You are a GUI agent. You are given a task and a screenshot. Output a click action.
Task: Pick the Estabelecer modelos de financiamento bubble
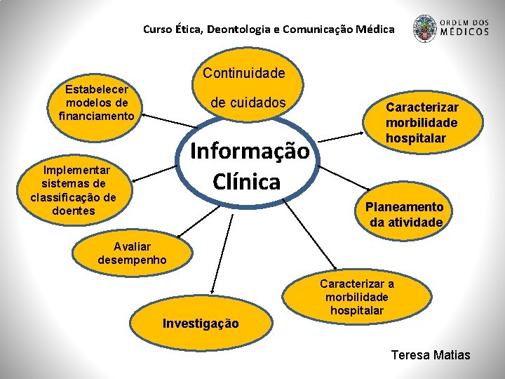click(x=97, y=102)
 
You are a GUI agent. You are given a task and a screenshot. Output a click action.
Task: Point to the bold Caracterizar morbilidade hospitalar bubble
click(x=422, y=123)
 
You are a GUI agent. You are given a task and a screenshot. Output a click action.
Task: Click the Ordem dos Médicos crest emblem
click(x=424, y=28)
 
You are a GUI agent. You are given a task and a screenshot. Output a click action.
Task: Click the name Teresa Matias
click(x=431, y=354)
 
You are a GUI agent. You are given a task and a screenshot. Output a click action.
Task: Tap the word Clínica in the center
click(x=246, y=182)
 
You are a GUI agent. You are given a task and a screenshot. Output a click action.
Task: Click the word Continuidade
click(x=244, y=73)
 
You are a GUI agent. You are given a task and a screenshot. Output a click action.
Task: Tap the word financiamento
click(x=97, y=115)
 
